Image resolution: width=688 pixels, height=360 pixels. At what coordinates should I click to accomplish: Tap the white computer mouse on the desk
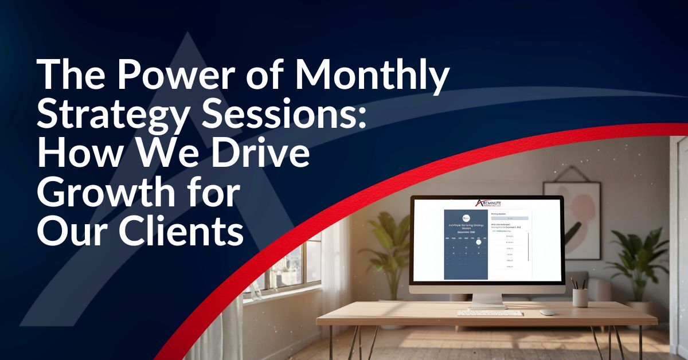[548, 312]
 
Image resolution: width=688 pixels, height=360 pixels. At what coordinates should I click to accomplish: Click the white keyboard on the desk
[490, 313]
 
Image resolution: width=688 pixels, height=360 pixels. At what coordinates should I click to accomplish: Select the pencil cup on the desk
[580, 297]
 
